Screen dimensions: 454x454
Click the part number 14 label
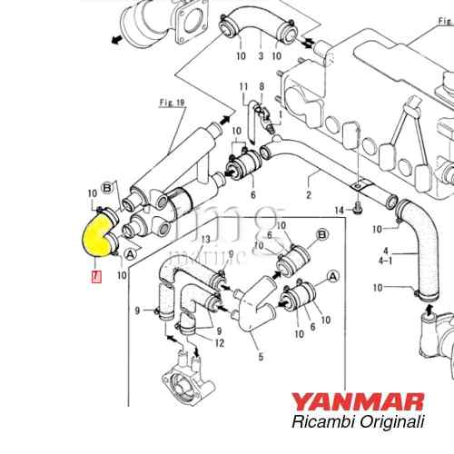pyautogui.click(x=339, y=211)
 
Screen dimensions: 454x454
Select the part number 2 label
pyautogui.click(x=308, y=195)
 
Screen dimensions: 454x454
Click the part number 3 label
pyautogui.click(x=261, y=56)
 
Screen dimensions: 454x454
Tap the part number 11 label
pyautogui.click(x=243, y=86)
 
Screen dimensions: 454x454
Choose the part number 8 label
pyautogui.click(x=262, y=86)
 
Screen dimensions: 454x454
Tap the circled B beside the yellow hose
pyautogui.click(x=106, y=188)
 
